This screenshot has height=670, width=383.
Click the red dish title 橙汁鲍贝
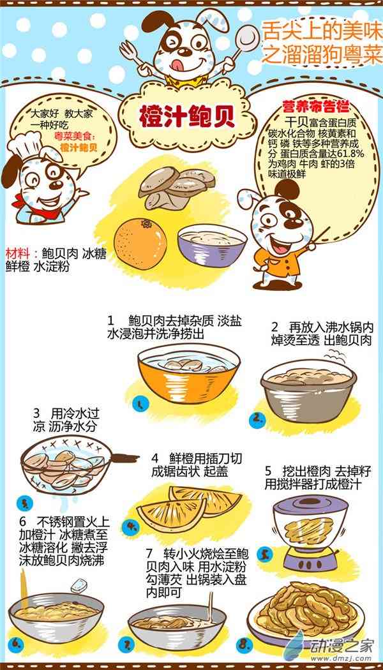[x=187, y=116]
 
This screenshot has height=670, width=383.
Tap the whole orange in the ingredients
[x=140, y=244]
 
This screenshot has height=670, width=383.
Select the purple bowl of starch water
[x=212, y=246]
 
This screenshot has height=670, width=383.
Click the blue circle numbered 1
[x=140, y=403]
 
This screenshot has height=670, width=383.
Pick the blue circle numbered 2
[x=257, y=420]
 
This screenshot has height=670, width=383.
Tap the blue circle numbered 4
[x=130, y=526]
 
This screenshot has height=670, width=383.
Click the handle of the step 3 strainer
[x=125, y=459]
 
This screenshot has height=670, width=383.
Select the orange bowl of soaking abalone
[x=189, y=373]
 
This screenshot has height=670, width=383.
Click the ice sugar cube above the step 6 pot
[x=79, y=585]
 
